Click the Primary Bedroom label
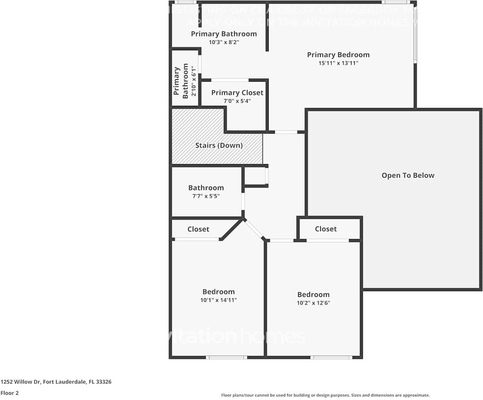(x=338, y=55)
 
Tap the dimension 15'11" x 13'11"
(x=338, y=63)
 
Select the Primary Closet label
(x=237, y=92)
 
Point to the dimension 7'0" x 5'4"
(x=237, y=101)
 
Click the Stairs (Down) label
(x=219, y=145)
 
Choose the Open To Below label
(x=408, y=175)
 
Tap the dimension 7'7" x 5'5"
(x=206, y=196)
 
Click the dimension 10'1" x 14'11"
(x=218, y=300)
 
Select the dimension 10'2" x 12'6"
(x=313, y=303)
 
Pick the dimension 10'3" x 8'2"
(x=224, y=42)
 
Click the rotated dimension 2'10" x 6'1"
(x=194, y=81)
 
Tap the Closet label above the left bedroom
(x=198, y=229)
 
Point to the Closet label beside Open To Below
(x=326, y=229)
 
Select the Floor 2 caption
(x=9, y=393)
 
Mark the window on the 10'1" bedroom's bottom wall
(x=226, y=357)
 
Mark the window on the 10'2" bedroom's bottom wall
(x=331, y=357)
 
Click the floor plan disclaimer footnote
(x=325, y=395)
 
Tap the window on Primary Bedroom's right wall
(x=415, y=36)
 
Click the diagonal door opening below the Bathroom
(x=255, y=229)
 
